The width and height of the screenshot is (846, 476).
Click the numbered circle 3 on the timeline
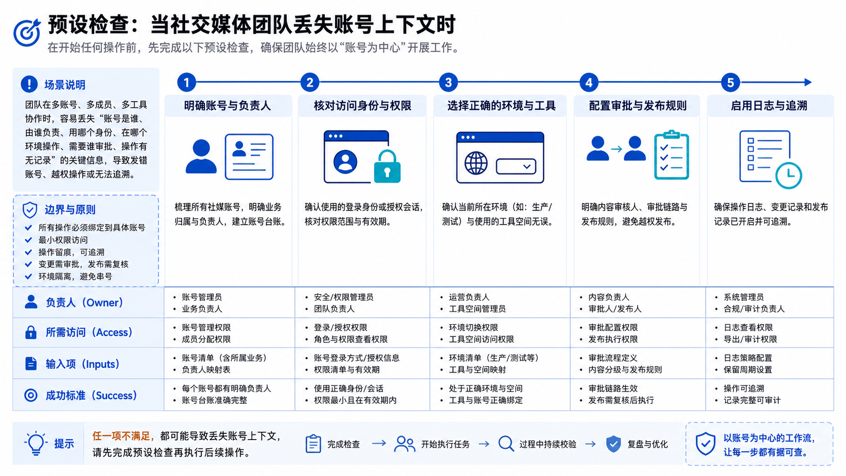click(x=448, y=82)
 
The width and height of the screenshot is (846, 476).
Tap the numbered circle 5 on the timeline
click(x=731, y=82)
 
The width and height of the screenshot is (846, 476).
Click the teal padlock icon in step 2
click(x=387, y=166)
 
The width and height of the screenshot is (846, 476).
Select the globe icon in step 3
click(x=476, y=163)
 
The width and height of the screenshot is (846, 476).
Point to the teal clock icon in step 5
click(x=789, y=176)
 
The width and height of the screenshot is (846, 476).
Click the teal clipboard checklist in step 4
click(x=671, y=155)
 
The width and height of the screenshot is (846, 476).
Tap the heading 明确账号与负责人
click(x=227, y=106)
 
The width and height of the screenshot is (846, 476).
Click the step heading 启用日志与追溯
click(x=769, y=106)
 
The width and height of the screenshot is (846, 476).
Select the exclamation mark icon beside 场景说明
click(x=29, y=84)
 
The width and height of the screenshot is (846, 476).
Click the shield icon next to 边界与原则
click(x=30, y=210)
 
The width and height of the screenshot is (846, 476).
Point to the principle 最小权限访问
click(x=63, y=240)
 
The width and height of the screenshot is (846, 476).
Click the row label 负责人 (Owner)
click(x=84, y=302)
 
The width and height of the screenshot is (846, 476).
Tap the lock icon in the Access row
click(x=30, y=332)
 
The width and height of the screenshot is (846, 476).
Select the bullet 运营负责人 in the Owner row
click(x=469, y=297)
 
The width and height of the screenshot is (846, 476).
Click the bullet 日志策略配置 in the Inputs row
click(x=748, y=358)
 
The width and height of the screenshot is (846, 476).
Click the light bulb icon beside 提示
click(x=36, y=443)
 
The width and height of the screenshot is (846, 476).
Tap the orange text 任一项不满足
click(x=121, y=437)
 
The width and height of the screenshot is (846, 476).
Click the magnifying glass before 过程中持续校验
click(x=506, y=444)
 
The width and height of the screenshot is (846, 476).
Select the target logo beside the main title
click(x=27, y=32)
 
